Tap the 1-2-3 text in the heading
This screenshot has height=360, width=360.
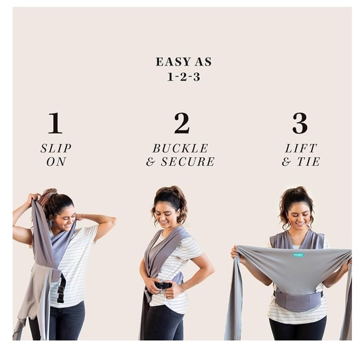(184, 77)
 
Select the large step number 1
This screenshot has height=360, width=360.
(55, 123)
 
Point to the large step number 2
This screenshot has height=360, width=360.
(182, 123)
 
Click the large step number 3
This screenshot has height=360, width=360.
(300, 123)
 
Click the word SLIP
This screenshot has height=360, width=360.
(56, 148)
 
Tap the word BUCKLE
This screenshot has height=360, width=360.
(181, 148)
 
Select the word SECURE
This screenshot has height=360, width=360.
(187, 161)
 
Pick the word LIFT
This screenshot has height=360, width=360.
(301, 148)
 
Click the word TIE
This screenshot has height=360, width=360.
(308, 161)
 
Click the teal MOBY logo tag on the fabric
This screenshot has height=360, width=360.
(298, 255)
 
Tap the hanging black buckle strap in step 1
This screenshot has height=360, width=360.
(61, 288)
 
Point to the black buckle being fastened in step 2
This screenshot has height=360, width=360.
(163, 286)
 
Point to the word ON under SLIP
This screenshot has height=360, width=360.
(56, 161)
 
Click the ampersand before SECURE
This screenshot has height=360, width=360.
(151, 161)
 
